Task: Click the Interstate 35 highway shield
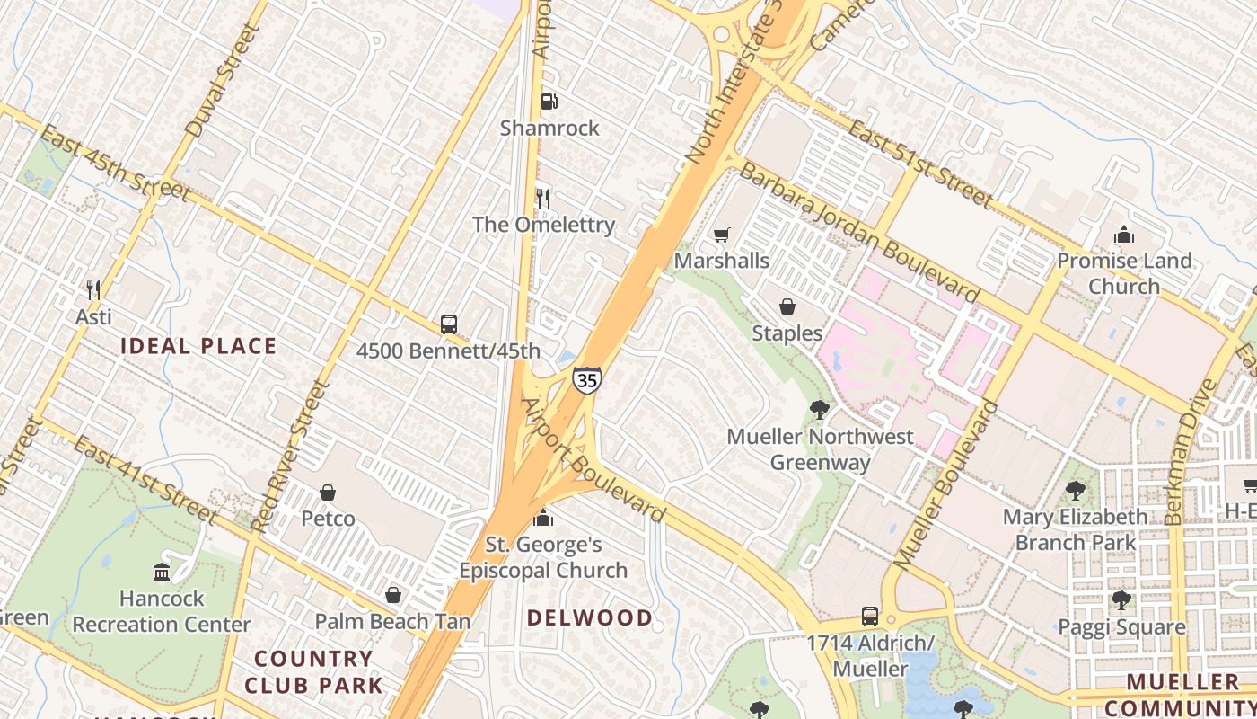click(x=586, y=380)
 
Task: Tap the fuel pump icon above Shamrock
click(x=549, y=102)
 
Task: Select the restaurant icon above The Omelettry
click(x=542, y=198)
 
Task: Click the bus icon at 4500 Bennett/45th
click(x=448, y=324)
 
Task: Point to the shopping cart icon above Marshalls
click(x=721, y=235)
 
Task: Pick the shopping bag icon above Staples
click(x=787, y=307)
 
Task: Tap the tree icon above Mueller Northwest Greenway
click(x=818, y=410)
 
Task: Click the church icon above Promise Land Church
click(x=1123, y=235)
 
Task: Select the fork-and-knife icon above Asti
click(x=92, y=289)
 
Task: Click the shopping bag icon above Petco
click(x=328, y=493)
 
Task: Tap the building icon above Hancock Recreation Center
click(x=162, y=572)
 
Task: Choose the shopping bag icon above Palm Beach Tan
click(x=392, y=595)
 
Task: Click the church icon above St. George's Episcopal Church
click(x=542, y=518)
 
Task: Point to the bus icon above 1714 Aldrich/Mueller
click(x=869, y=617)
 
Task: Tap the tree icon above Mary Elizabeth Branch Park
click(x=1075, y=491)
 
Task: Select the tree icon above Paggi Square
click(x=1121, y=600)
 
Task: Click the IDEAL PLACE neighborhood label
click(x=198, y=346)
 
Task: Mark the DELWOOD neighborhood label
click(x=589, y=617)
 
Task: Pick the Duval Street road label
click(x=221, y=81)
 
